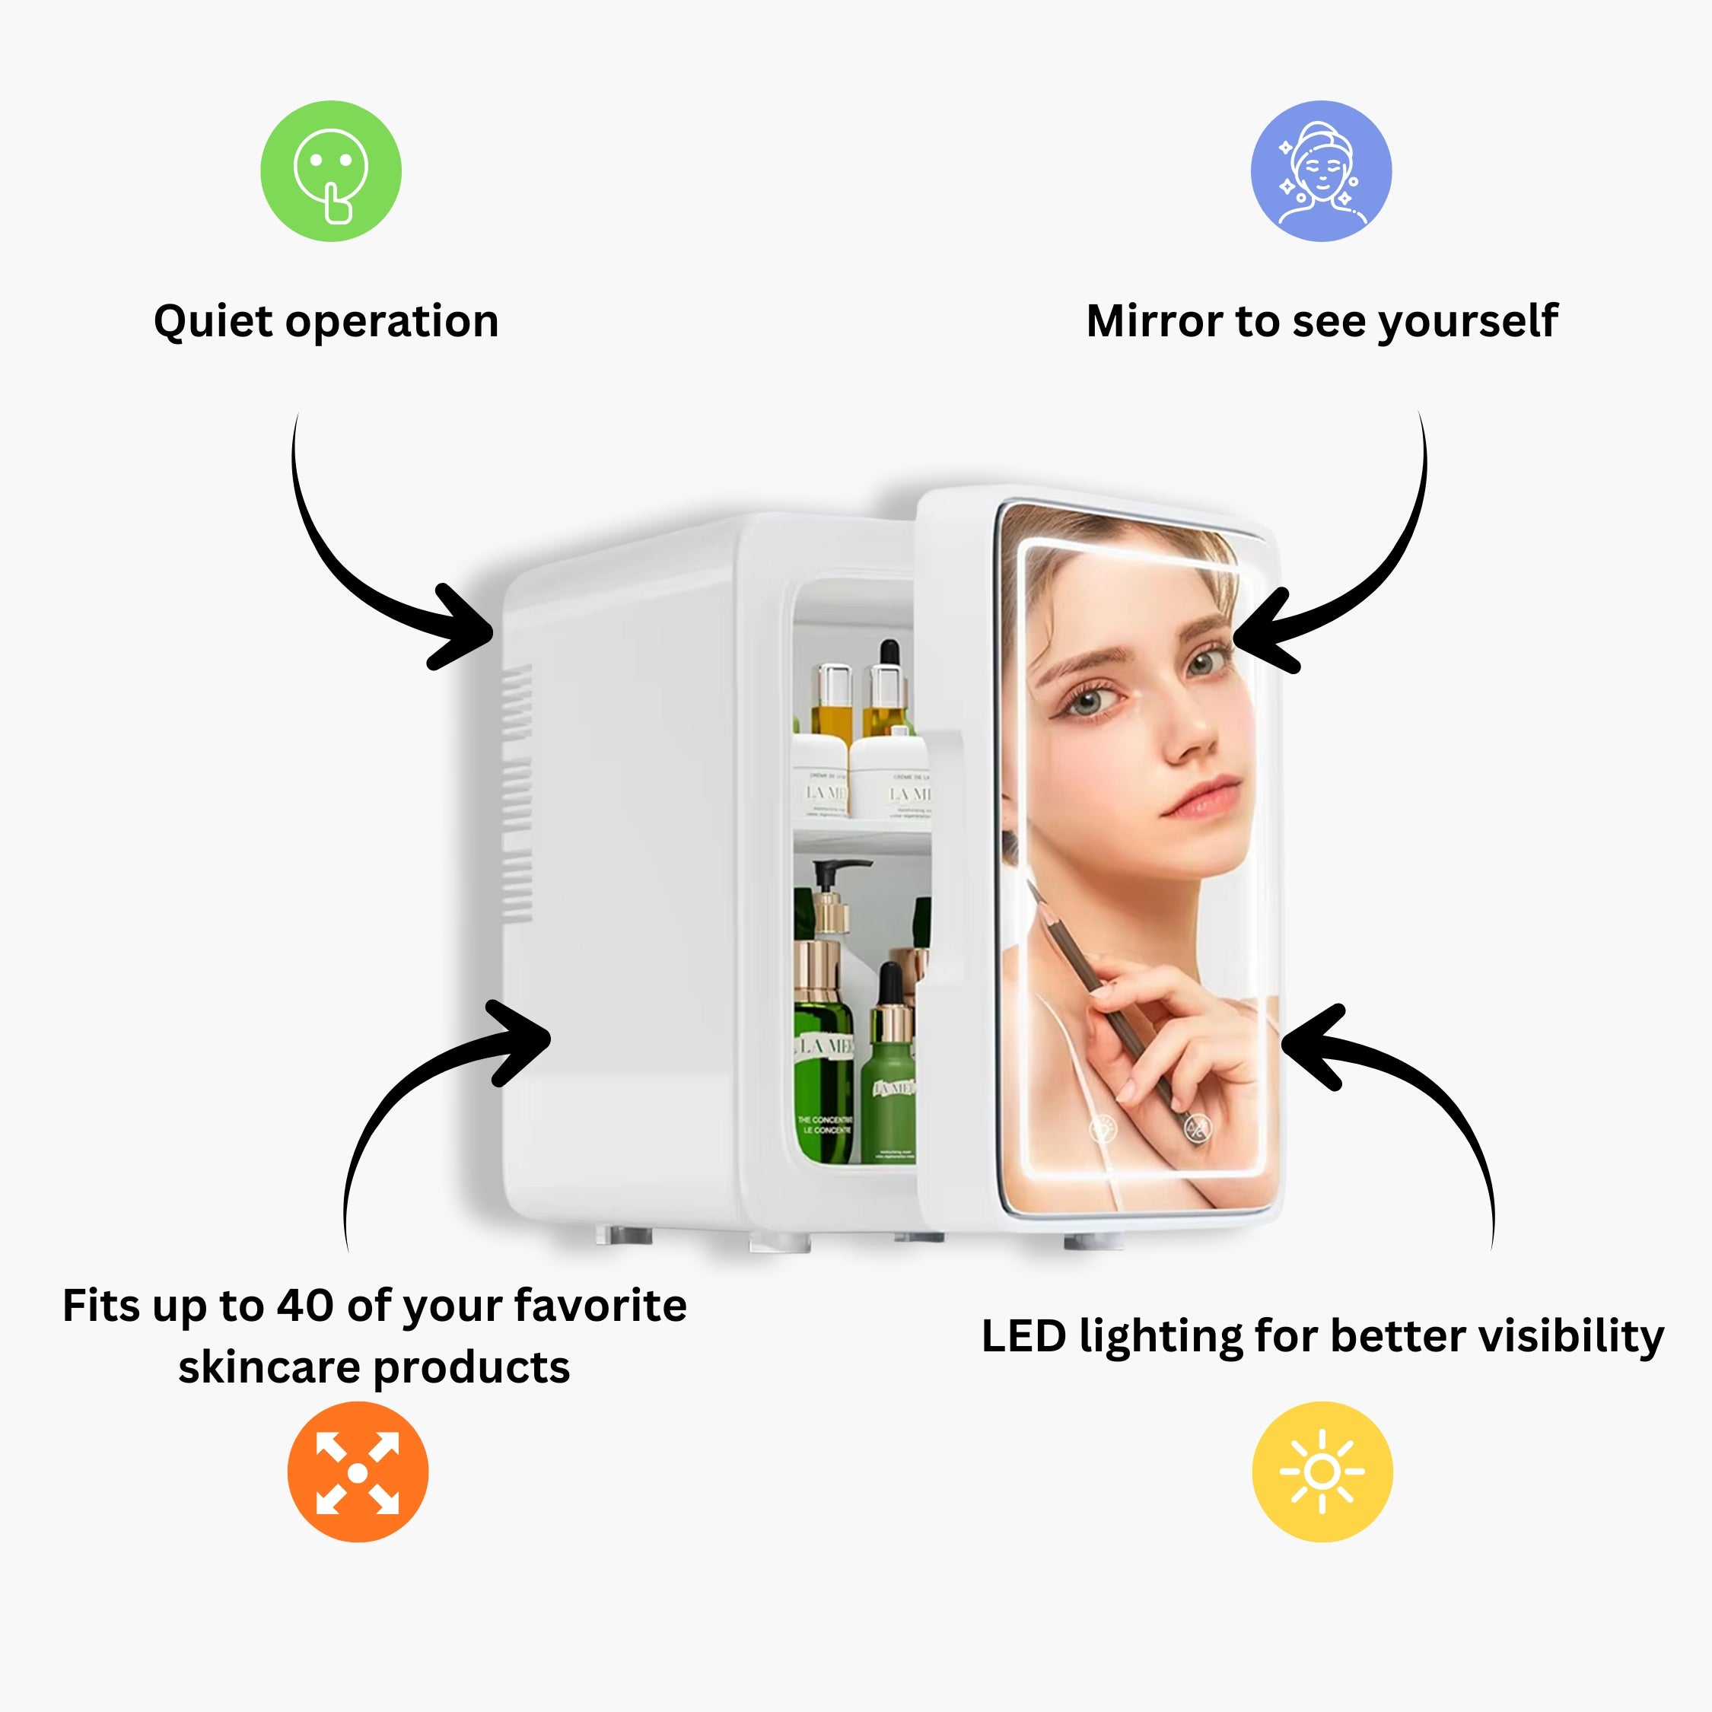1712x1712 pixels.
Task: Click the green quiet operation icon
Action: click(x=330, y=171)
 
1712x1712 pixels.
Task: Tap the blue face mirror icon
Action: click(x=1320, y=171)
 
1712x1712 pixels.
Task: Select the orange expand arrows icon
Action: click(x=357, y=1472)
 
